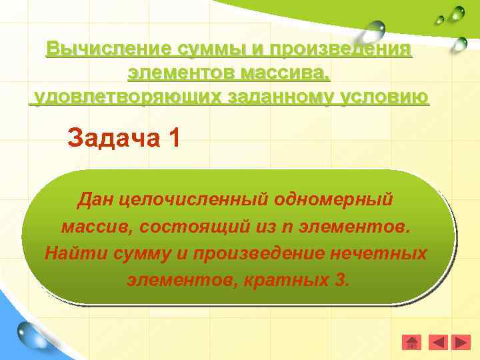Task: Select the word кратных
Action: [x=291, y=280]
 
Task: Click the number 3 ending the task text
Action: [x=341, y=280]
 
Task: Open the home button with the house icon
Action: [x=412, y=343]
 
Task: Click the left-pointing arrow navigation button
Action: [x=437, y=343]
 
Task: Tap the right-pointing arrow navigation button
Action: [x=461, y=343]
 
